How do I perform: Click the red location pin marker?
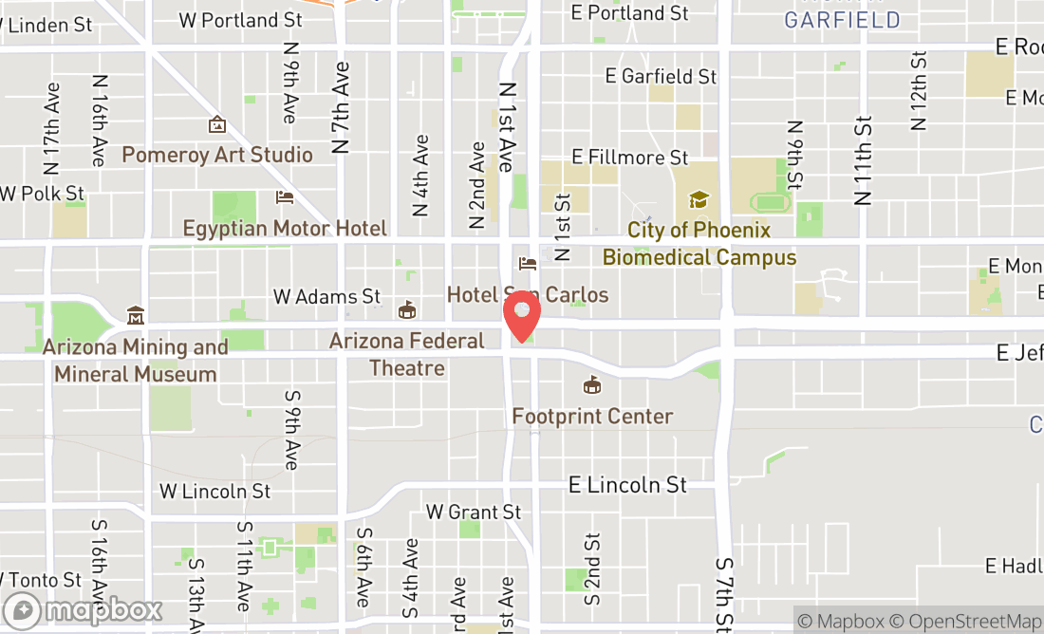click(521, 317)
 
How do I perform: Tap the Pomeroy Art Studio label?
click(217, 155)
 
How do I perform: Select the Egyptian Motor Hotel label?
click(285, 229)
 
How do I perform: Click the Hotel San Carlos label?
click(528, 295)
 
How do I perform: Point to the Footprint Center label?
click(592, 416)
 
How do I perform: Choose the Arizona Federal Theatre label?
click(407, 353)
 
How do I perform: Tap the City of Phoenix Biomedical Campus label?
click(699, 244)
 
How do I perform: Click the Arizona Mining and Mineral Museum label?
click(135, 361)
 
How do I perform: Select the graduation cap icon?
click(699, 200)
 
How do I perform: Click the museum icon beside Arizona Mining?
click(136, 315)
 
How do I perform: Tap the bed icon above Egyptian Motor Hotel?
click(284, 197)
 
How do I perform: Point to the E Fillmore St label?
click(630, 157)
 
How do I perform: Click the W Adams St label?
click(326, 297)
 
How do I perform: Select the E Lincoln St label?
click(627, 484)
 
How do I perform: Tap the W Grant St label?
click(474, 512)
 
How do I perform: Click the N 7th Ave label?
click(342, 107)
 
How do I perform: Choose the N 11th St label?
click(863, 160)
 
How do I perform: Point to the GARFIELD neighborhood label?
click(842, 20)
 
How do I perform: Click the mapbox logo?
click(83, 610)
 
